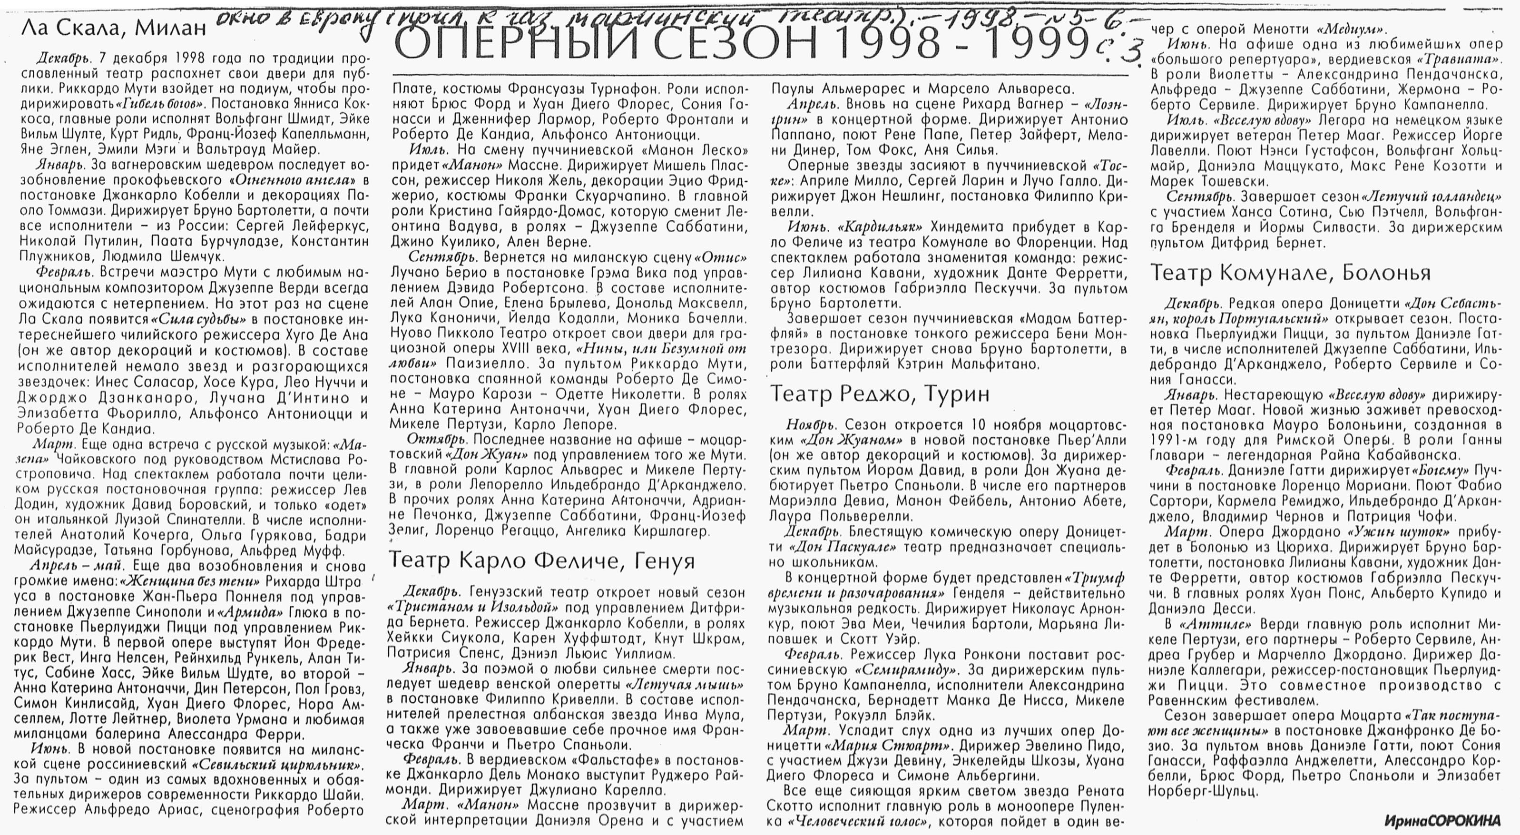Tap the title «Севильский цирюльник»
pos(278,766)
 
